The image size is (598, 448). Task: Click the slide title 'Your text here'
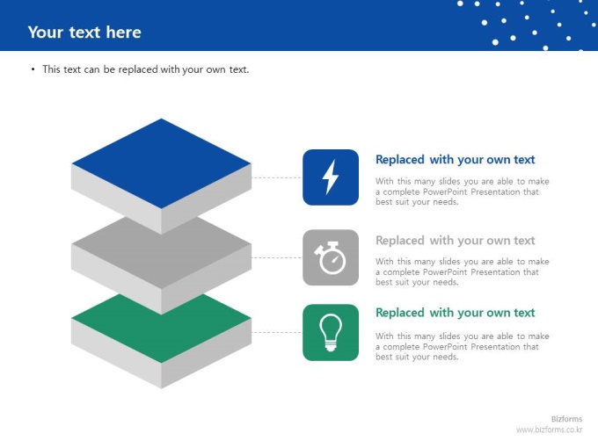84,33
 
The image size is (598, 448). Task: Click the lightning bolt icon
331,177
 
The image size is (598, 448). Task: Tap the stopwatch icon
330,258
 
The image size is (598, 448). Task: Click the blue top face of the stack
161,163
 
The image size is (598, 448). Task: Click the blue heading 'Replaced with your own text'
455,160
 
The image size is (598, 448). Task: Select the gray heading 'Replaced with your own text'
455,241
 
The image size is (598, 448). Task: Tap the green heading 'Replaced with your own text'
455,313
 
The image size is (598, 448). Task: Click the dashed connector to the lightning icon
277,177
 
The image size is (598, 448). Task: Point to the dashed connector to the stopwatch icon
277,258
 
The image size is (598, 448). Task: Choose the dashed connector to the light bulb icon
277,333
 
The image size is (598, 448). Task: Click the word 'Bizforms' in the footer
566,419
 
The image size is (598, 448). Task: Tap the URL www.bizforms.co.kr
549,430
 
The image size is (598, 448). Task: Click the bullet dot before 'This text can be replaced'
33,69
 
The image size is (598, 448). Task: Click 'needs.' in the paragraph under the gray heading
446,282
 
